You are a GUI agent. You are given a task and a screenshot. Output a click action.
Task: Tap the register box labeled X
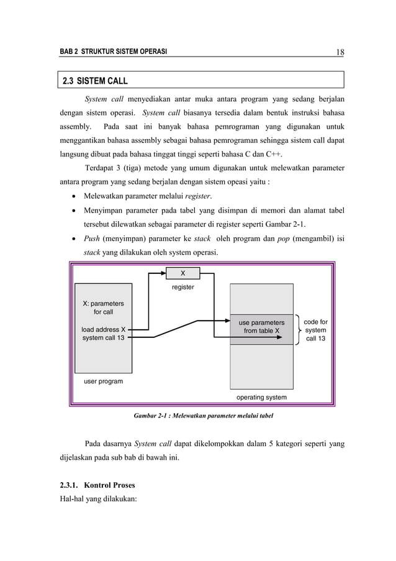(x=182, y=273)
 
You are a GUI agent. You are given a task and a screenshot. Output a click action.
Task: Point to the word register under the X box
(x=182, y=287)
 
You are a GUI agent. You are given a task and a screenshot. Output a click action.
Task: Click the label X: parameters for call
(x=103, y=308)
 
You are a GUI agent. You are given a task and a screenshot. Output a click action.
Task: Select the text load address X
(x=103, y=329)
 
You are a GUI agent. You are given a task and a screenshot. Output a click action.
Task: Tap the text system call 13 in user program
(x=103, y=338)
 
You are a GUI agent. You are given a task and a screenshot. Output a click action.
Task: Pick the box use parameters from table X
(x=261, y=327)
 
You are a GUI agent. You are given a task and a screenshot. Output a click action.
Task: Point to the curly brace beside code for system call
(x=300, y=331)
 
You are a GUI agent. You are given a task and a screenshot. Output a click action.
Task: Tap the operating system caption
(x=261, y=396)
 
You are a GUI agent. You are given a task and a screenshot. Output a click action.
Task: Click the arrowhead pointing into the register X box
(x=164, y=273)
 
